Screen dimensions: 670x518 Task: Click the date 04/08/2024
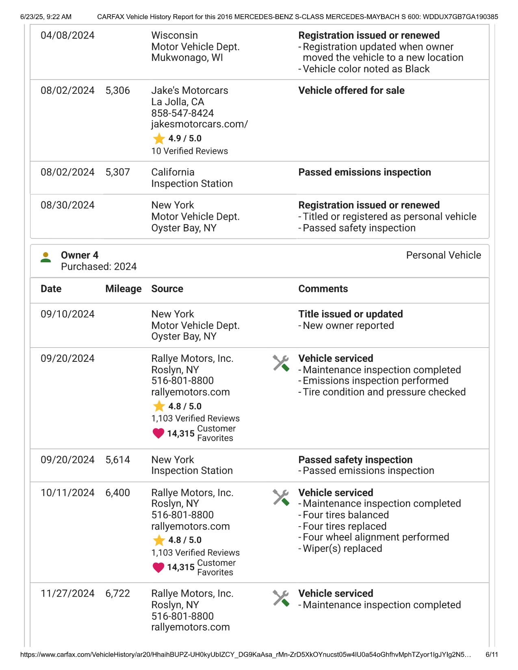pyautogui.click(x=67, y=36)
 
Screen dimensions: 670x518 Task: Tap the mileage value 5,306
pyautogui.click(x=117, y=91)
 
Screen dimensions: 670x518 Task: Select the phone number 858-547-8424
pyautogui.click(x=182, y=113)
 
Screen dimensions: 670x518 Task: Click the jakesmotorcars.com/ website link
pyautogui.click(x=199, y=124)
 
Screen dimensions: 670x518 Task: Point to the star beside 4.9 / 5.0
pyautogui.click(x=159, y=139)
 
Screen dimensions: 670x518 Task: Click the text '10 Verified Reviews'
pyautogui.click(x=189, y=151)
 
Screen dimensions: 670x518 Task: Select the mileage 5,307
pyautogui.click(x=117, y=172)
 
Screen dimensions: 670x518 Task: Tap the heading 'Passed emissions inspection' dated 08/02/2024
pyautogui.click(x=364, y=172)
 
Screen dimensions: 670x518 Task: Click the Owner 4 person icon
pyautogui.click(x=46, y=257)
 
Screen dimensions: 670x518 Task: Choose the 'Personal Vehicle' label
pyautogui.click(x=443, y=255)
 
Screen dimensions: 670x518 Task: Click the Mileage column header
pyautogui.click(x=123, y=289)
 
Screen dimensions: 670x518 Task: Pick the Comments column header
pyautogui.click(x=323, y=289)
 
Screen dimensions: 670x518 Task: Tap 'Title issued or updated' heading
pyautogui.click(x=350, y=314)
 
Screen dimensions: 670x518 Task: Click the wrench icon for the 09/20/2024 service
pyautogui.click(x=281, y=363)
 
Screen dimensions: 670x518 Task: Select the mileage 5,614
pyautogui.click(x=117, y=460)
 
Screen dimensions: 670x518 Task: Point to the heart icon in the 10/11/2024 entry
pyautogui.click(x=158, y=567)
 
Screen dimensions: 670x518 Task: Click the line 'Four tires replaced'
pyautogui.click(x=345, y=526)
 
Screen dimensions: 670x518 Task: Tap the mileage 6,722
pyautogui.click(x=117, y=594)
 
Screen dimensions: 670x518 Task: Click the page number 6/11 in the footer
pyautogui.click(x=492, y=655)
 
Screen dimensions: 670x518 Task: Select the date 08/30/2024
pyautogui.click(x=67, y=205)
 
